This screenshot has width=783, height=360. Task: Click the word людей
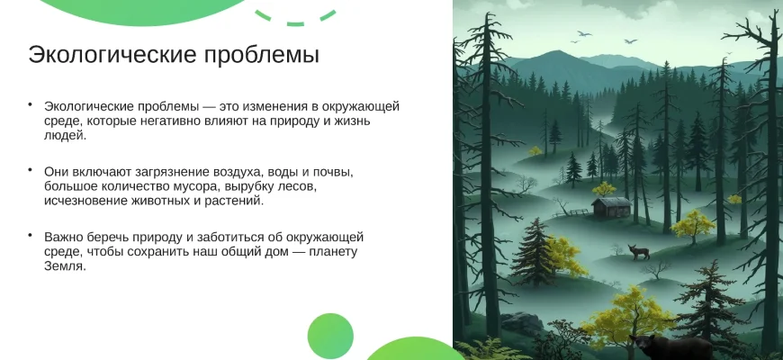click(66, 135)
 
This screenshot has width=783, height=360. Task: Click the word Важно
click(62, 236)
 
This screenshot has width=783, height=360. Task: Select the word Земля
click(66, 266)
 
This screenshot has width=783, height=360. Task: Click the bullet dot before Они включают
click(31, 169)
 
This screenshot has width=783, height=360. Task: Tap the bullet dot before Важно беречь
click(31, 234)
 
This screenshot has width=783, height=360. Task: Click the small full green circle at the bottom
click(330, 336)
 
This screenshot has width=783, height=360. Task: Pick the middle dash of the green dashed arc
click(295, 23)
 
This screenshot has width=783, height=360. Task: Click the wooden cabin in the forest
click(611, 207)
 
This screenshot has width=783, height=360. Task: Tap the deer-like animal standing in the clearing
click(638, 252)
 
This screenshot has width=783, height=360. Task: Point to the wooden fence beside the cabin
click(572, 212)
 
